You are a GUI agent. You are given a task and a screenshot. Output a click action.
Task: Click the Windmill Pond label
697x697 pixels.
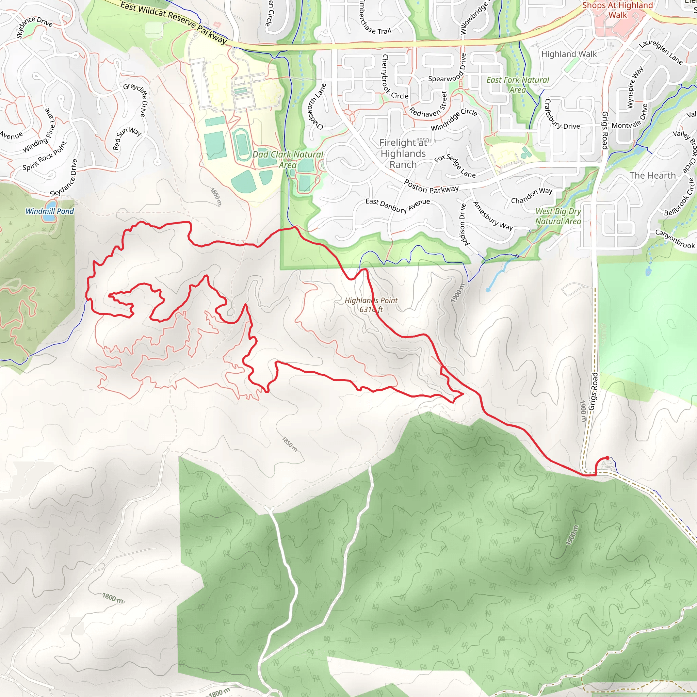coord(49,211)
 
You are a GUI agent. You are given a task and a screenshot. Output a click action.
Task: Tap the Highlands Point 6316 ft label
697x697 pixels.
coord(371,305)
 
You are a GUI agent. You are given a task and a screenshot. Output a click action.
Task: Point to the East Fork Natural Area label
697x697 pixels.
coord(518,85)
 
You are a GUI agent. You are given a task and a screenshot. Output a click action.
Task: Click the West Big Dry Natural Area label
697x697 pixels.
coord(558,216)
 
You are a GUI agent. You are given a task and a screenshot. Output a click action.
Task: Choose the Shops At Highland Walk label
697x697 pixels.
coord(618,10)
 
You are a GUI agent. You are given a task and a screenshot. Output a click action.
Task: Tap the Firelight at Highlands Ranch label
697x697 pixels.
coord(403,154)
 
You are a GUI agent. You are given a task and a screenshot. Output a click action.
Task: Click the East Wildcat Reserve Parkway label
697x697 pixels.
coord(174,22)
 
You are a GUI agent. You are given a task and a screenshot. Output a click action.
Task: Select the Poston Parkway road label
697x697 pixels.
coord(431,187)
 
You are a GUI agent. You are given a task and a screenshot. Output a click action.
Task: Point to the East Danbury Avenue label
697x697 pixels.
coord(398,206)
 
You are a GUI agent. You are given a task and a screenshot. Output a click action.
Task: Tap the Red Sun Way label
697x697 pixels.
coord(127,137)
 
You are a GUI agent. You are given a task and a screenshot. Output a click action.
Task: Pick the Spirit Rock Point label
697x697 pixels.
coord(45,156)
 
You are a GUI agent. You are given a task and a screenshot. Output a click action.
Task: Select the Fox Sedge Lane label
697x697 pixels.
coord(455,166)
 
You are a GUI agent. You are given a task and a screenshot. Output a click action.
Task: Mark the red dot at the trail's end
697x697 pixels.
coord(607,458)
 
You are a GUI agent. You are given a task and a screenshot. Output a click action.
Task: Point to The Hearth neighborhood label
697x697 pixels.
coord(652,176)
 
